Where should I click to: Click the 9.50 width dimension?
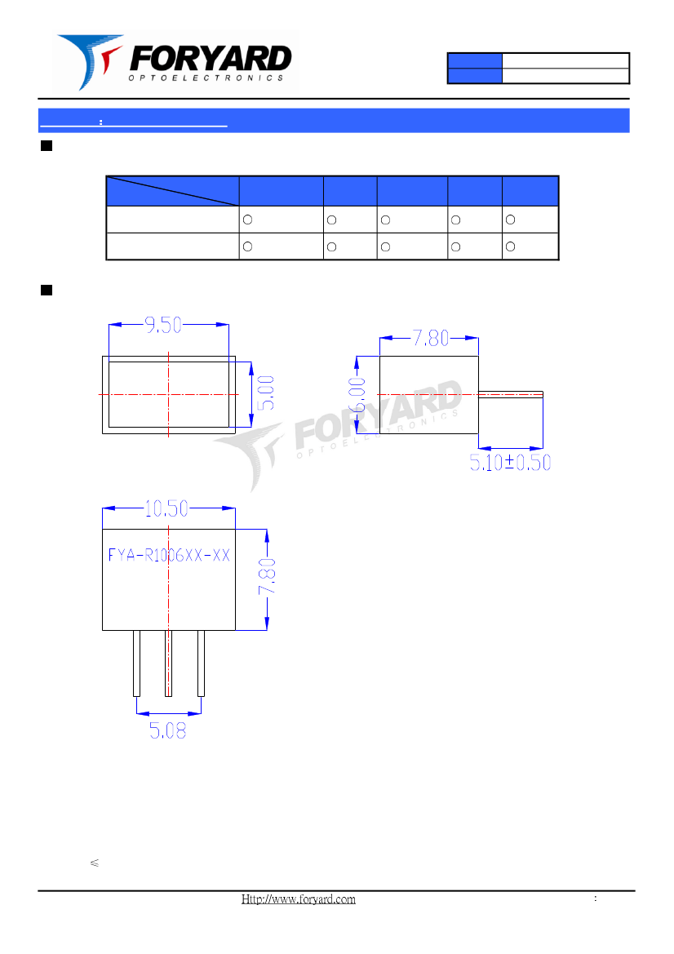[163, 325]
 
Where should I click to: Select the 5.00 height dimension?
[266, 393]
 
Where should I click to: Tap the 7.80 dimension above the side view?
[431, 338]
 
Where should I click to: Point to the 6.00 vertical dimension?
[357, 394]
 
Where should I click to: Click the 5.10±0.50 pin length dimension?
[510, 463]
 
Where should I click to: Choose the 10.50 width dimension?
[166, 508]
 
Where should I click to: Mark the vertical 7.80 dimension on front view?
[267, 577]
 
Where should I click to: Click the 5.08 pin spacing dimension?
[168, 730]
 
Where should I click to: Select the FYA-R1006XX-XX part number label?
[169, 555]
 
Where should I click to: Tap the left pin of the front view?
[137, 663]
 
